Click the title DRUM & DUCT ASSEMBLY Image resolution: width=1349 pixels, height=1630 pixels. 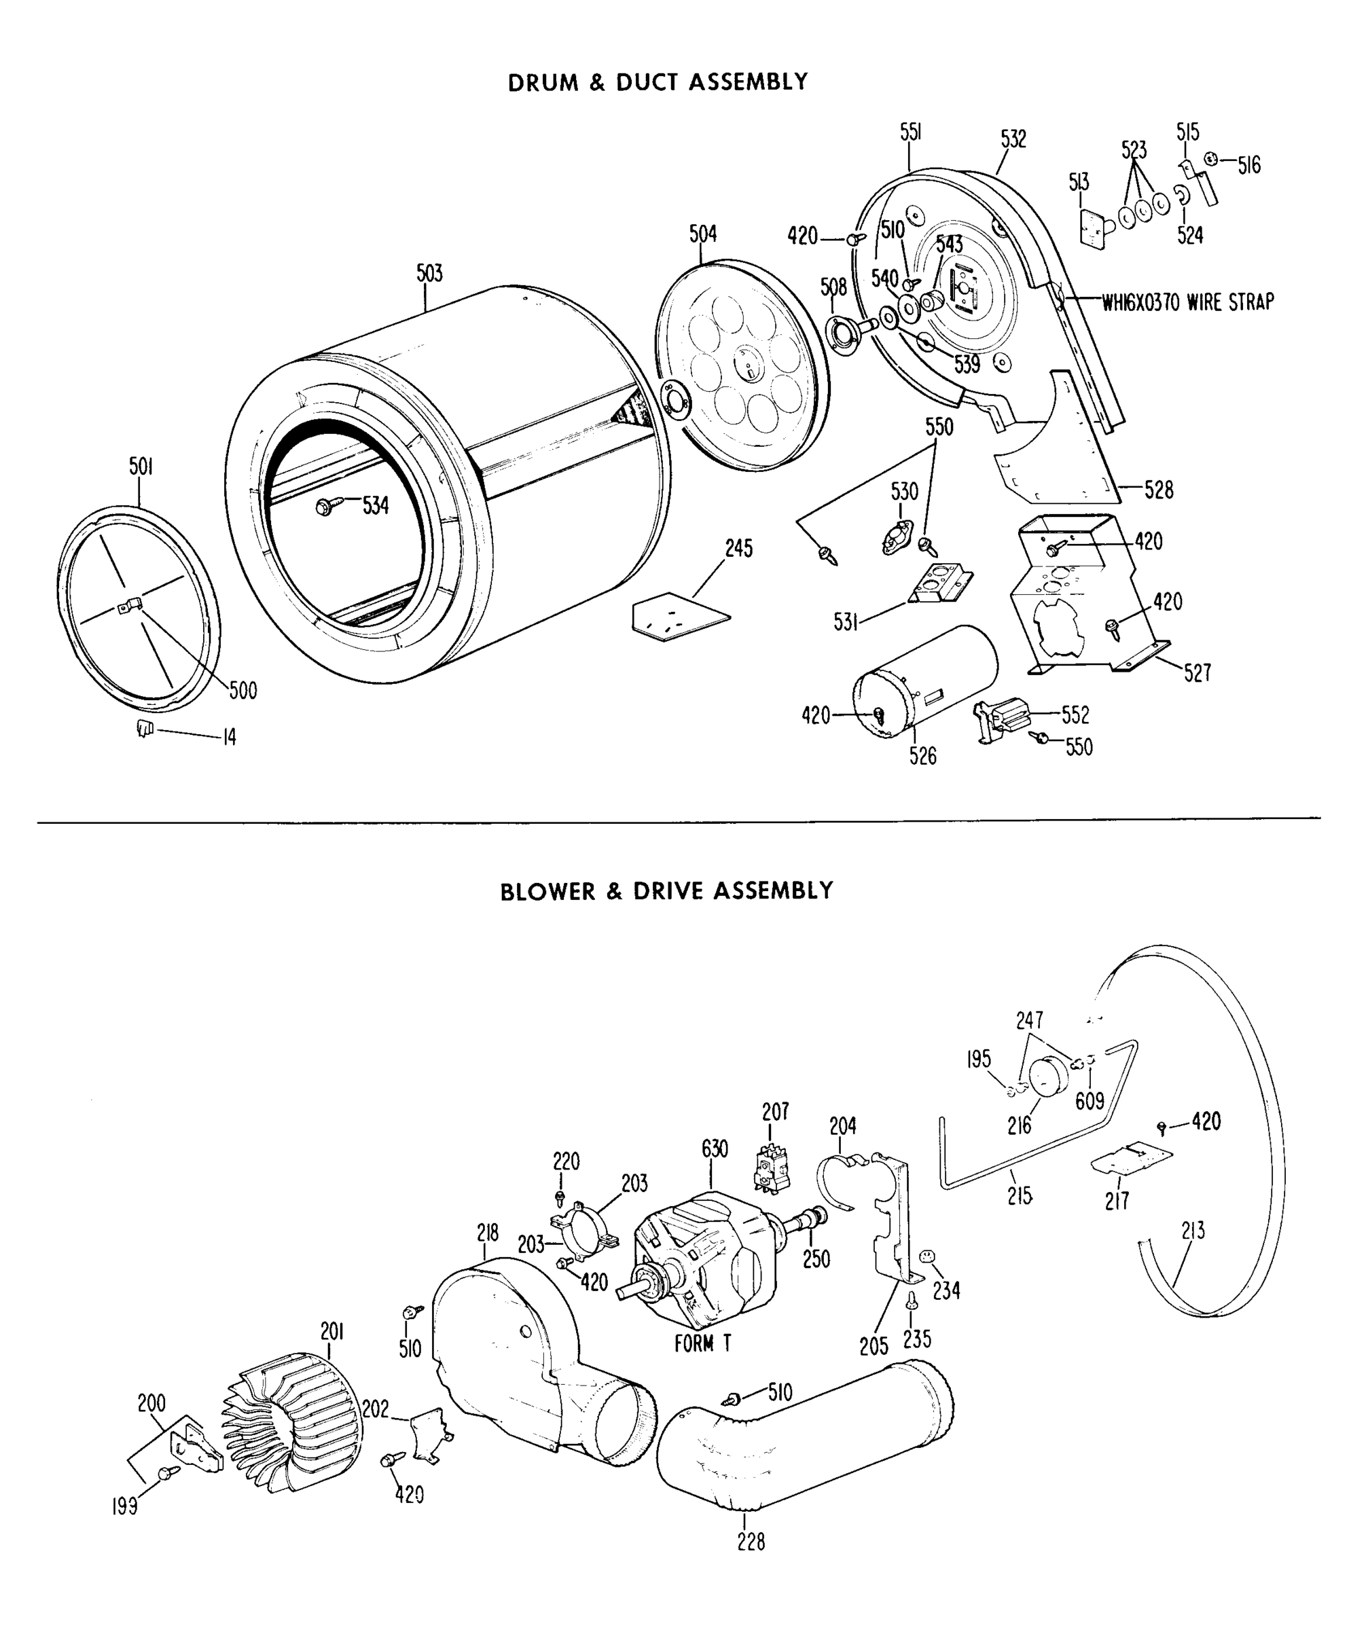(658, 82)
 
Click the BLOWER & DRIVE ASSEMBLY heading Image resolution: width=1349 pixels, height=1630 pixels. (666, 890)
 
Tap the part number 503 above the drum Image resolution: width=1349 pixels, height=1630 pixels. (429, 273)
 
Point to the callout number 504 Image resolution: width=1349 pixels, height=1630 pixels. (702, 234)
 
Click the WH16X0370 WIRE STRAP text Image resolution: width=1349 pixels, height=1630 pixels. (1187, 302)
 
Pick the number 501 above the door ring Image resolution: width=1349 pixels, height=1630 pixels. (141, 467)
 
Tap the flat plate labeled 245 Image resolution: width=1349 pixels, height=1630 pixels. (681, 617)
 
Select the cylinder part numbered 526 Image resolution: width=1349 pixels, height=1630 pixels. (924, 681)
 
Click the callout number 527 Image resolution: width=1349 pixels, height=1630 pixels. (1197, 673)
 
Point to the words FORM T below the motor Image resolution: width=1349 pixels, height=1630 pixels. (702, 1343)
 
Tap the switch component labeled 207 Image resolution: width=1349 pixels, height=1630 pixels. (772, 1167)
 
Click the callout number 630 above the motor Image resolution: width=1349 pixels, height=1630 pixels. (714, 1148)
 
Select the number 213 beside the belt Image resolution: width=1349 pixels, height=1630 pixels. (1193, 1230)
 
